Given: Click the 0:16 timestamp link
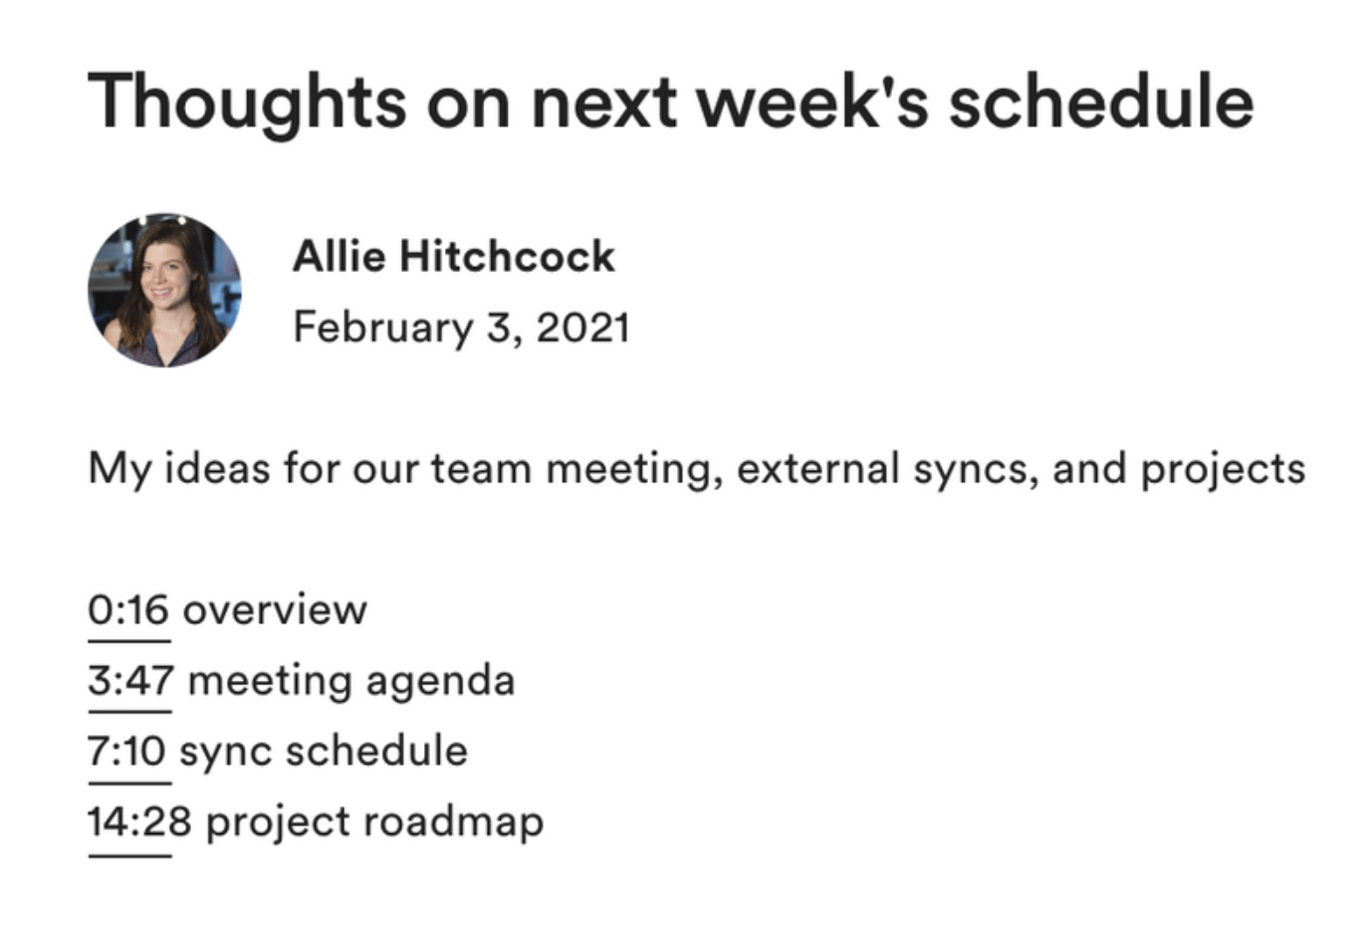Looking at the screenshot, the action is click(x=128, y=610).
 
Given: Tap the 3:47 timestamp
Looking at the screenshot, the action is click(x=130, y=681).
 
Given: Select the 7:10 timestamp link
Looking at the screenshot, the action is click(x=127, y=751).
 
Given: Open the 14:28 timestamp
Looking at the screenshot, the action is click(x=139, y=821).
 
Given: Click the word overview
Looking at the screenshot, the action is click(x=275, y=610).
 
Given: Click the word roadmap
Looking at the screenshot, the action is click(x=453, y=822).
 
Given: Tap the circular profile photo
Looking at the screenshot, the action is click(x=164, y=291).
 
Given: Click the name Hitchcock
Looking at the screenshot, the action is click(x=507, y=256).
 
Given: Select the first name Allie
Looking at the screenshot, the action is click(x=340, y=256).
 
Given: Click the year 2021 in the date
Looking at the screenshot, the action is click(x=582, y=328).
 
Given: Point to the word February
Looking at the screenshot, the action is click(x=383, y=329).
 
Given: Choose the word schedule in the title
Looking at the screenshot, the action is click(x=1101, y=102).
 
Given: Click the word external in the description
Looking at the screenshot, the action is click(x=818, y=469).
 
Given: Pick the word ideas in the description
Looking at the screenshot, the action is click(x=217, y=469).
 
